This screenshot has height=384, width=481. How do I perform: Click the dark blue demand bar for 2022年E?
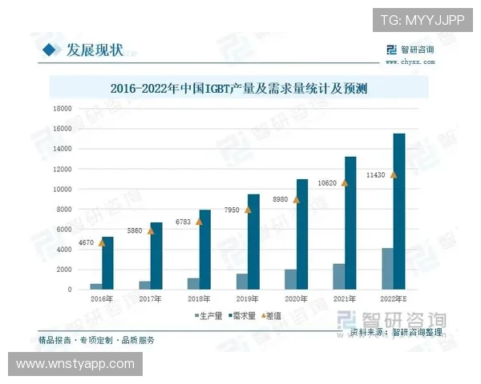pyautogui.click(x=398, y=212)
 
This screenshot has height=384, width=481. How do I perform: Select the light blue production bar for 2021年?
pyautogui.click(x=339, y=277)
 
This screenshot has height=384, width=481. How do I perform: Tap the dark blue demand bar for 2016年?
pyautogui.click(x=107, y=263)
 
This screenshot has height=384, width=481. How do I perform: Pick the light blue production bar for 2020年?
pyautogui.click(x=290, y=279)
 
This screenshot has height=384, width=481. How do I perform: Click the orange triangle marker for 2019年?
pyautogui.click(x=248, y=210)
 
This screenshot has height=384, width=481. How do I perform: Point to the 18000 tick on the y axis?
pyautogui.click(x=61, y=108)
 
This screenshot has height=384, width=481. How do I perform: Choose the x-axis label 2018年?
pyautogui.click(x=198, y=298)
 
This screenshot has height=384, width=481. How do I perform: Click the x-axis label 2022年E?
pyautogui.click(x=393, y=298)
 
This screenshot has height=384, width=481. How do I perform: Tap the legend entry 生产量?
pyautogui.click(x=208, y=316)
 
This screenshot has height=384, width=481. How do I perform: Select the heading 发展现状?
pyautogui.click(x=94, y=50)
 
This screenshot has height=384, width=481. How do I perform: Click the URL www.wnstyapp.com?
pyautogui.click(x=75, y=364)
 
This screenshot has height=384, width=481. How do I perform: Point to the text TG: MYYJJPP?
pyautogui.click(x=422, y=19)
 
